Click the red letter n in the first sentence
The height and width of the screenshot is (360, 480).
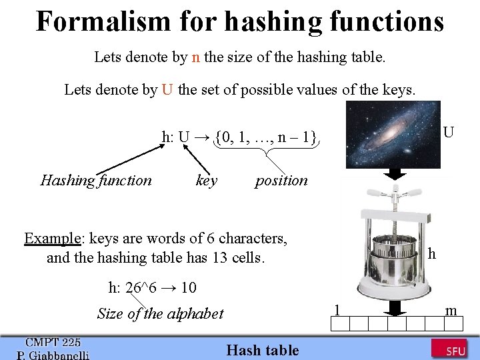click(195, 57)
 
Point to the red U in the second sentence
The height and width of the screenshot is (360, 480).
click(167, 89)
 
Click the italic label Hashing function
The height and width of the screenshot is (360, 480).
click(96, 180)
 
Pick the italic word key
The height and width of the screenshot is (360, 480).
click(207, 180)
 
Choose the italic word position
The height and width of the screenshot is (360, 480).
click(281, 180)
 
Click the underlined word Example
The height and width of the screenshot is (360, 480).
click(52, 238)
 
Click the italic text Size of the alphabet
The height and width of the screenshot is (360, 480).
click(160, 313)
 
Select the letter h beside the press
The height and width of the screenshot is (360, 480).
click(432, 254)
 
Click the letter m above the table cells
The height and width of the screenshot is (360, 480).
click(451, 309)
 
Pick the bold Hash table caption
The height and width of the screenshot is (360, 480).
click(263, 350)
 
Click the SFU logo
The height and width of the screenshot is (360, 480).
click(449, 348)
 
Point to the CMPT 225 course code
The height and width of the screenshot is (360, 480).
click(53, 342)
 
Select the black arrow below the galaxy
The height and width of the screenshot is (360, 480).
click(395, 173)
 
